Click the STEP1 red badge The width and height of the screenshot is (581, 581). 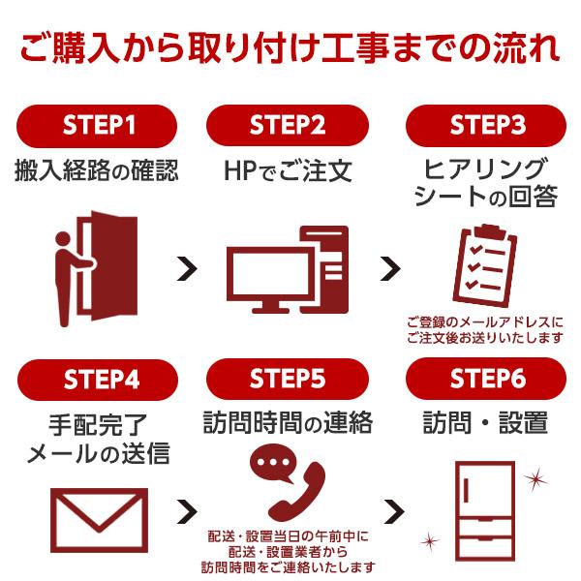97,125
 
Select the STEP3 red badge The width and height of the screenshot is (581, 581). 484,125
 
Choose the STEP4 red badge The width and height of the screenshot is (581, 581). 97,379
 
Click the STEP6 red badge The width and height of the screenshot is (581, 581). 484,379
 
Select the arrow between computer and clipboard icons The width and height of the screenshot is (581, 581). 389,268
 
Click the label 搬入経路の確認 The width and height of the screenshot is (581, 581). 97,171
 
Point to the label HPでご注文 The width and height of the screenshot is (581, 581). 288,172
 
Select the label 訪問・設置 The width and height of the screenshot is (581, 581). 485,423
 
